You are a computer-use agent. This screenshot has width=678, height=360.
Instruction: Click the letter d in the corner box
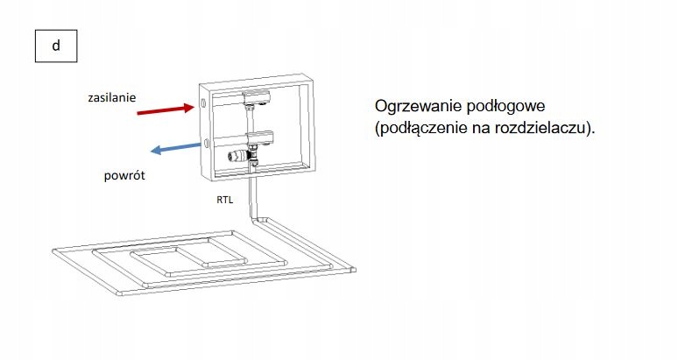coord(55,46)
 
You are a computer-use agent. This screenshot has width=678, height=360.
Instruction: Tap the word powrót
coord(124,176)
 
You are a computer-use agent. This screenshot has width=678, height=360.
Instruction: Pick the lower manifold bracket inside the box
coord(259,137)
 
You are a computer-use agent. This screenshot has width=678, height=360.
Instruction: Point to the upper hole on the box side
coord(204,103)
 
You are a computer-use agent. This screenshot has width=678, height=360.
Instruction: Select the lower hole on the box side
coord(204,141)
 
